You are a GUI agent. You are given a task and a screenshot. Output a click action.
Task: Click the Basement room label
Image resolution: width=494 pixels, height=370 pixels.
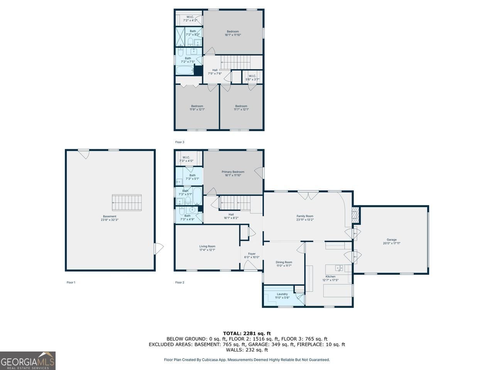(x=110, y=218)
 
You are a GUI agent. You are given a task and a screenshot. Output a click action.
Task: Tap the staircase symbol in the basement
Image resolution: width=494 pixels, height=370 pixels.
(x=127, y=203)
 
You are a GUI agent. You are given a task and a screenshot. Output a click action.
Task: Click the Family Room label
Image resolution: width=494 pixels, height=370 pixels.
(x=305, y=218)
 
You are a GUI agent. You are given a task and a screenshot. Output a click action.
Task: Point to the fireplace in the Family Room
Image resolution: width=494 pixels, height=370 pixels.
(x=356, y=215)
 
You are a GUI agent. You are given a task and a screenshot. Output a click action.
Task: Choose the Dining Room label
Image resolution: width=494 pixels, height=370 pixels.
(x=284, y=264)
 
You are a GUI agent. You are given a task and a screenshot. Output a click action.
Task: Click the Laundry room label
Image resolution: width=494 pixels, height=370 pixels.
(x=282, y=296)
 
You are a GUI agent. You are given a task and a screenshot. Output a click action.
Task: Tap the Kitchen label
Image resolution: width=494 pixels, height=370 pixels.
(x=330, y=278)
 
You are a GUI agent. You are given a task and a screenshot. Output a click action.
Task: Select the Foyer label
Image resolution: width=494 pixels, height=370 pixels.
(x=252, y=256)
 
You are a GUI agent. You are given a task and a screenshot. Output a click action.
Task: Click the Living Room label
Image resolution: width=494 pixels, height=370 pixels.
(x=207, y=248)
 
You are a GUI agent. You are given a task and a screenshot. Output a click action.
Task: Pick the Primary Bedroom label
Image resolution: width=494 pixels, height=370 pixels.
(x=233, y=173)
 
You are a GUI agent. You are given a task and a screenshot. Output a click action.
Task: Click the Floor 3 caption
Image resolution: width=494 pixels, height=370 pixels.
(x=180, y=142)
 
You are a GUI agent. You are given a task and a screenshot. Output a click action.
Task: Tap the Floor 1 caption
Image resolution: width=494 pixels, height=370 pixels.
(x=71, y=283)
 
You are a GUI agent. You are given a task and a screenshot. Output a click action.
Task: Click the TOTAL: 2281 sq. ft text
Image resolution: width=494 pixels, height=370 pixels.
(x=247, y=333)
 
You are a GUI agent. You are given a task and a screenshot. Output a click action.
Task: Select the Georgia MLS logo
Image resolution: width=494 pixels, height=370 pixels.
(x=28, y=361)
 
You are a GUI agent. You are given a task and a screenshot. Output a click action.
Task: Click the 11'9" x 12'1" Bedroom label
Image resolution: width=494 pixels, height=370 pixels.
(x=197, y=108)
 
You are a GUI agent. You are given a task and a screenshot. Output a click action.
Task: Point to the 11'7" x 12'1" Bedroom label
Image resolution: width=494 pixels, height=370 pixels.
(x=241, y=108)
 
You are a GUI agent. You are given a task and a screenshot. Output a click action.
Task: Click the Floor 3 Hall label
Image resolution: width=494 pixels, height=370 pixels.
(x=215, y=72)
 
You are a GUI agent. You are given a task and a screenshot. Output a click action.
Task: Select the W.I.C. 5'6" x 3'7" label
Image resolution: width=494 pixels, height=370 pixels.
(x=252, y=77)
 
